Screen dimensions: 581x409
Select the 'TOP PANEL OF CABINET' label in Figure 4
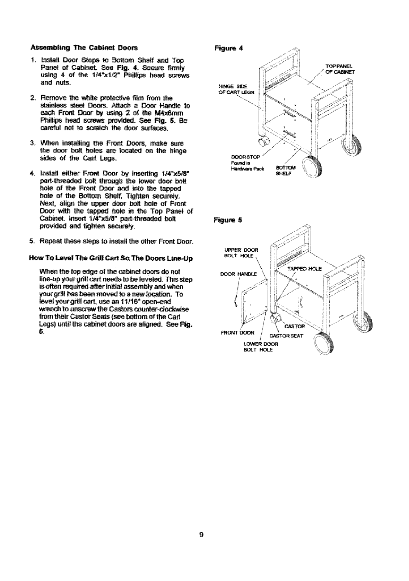(x=342, y=69)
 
